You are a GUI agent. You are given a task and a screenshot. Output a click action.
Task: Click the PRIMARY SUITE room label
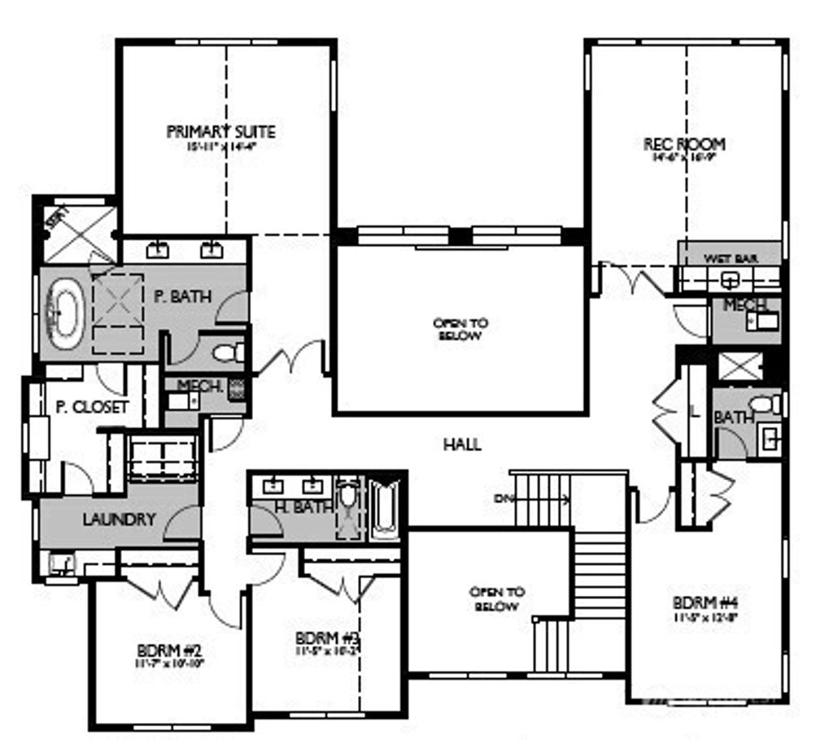click(x=220, y=132)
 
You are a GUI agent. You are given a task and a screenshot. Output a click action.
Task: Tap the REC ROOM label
click(x=684, y=144)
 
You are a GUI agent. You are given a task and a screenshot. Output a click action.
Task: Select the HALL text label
click(x=462, y=444)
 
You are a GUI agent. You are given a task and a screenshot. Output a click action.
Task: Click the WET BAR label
click(x=731, y=258)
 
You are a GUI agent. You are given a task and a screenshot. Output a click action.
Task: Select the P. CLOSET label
click(x=91, y=407)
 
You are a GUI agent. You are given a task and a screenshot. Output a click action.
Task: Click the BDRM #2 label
click(x=169, y=650)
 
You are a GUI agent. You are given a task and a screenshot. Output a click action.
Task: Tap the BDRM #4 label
click(x=705, y=604)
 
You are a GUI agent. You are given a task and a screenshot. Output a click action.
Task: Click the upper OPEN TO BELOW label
click(x=460, y=329)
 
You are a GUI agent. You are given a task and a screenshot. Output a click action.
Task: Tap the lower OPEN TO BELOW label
click(x=495, y=599)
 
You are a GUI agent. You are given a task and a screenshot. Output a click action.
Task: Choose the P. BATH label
click(x=182, y=296)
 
